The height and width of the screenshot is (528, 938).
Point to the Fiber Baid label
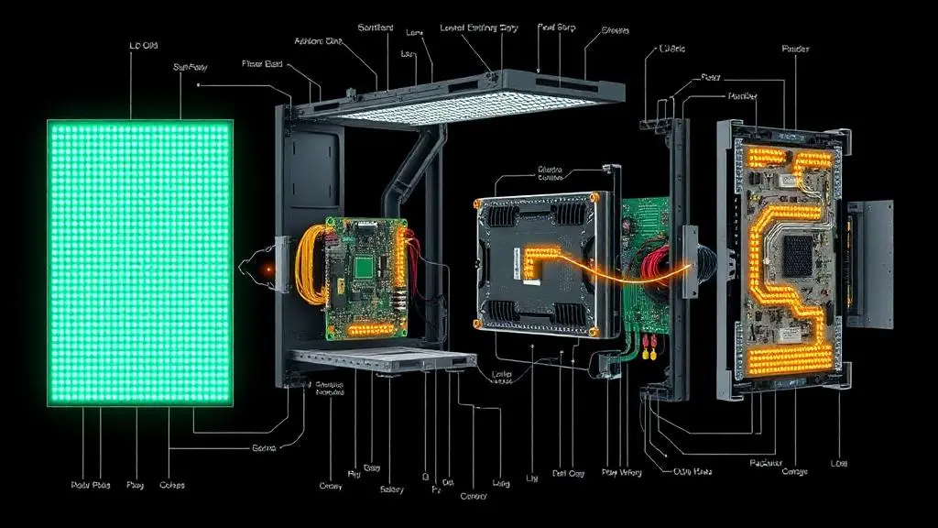[261, 63]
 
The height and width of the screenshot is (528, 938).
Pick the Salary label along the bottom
[392, 489]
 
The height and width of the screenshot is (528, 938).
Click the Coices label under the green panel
[172, 484]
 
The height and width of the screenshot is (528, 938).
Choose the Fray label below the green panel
[136, 484]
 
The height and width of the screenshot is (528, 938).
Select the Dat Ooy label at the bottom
[569, 474]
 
